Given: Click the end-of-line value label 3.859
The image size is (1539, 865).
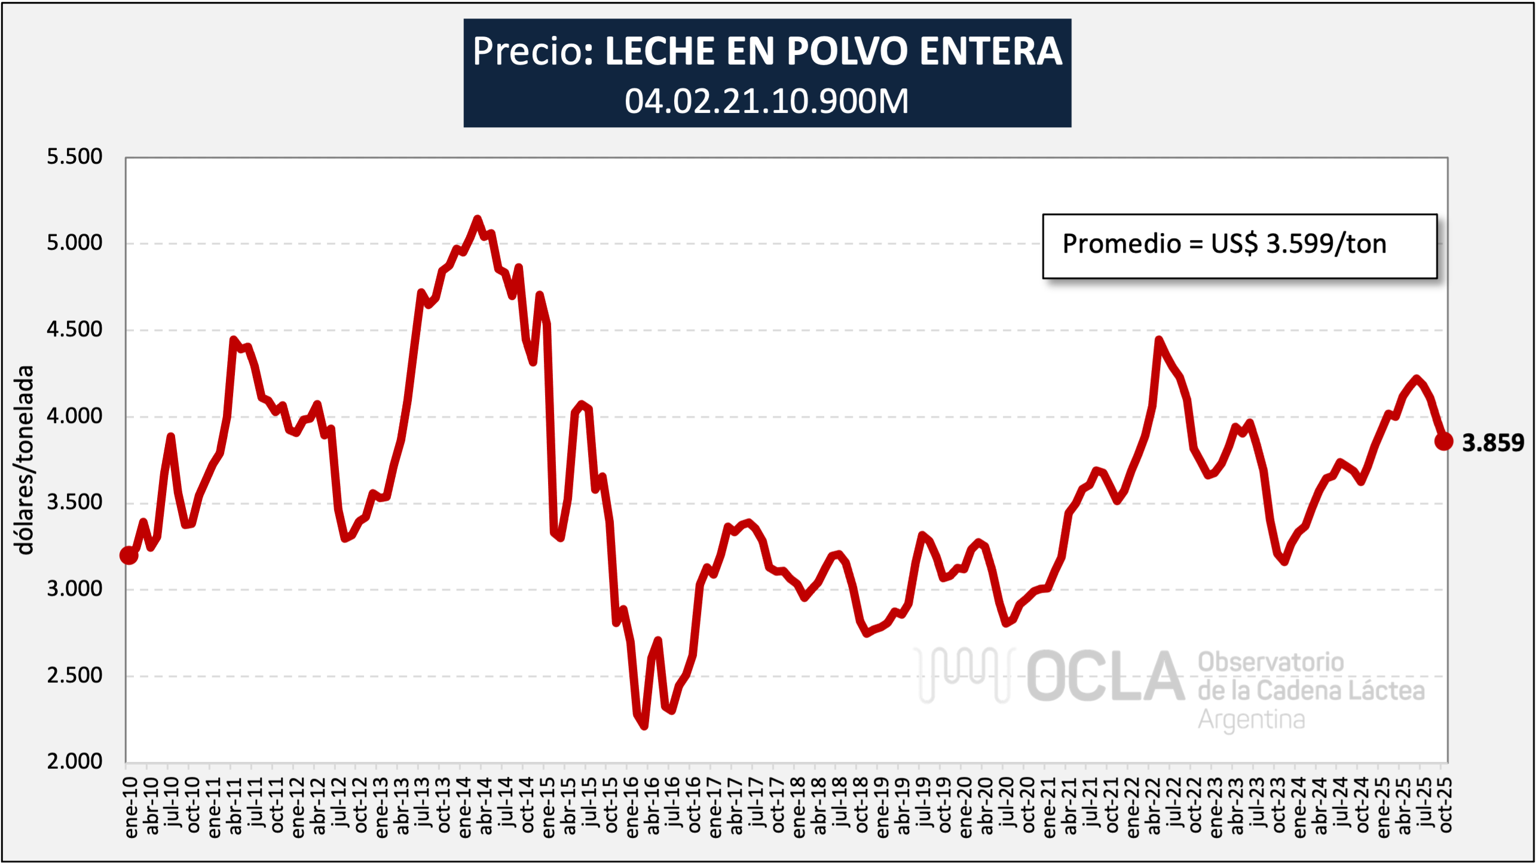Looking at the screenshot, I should (1492, 443).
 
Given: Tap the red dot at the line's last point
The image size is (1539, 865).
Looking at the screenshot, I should (1443, 441).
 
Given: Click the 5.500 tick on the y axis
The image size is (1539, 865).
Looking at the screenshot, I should (75, 157).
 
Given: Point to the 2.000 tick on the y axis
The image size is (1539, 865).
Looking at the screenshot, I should (75, 762).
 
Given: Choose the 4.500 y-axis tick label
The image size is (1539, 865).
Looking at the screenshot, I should (75, 329).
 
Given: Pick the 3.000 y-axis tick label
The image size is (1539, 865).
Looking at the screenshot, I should (75, 589).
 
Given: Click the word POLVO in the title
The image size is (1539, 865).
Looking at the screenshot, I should (848, 51).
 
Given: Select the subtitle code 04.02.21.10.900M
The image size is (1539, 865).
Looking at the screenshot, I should (767, 101).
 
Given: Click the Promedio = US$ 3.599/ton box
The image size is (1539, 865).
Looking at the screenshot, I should (1239, 246).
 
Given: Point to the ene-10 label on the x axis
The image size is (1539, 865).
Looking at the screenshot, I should (131, 806).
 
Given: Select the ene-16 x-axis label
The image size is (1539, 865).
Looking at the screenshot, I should (632, 806).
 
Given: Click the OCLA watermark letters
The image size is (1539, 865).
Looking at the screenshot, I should (1104, 677).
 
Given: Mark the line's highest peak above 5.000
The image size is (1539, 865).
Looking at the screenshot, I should (477, 219).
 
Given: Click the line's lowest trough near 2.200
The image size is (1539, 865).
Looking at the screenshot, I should (644, 726).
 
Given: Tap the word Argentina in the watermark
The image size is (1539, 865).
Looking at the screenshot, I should (1252, 719).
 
